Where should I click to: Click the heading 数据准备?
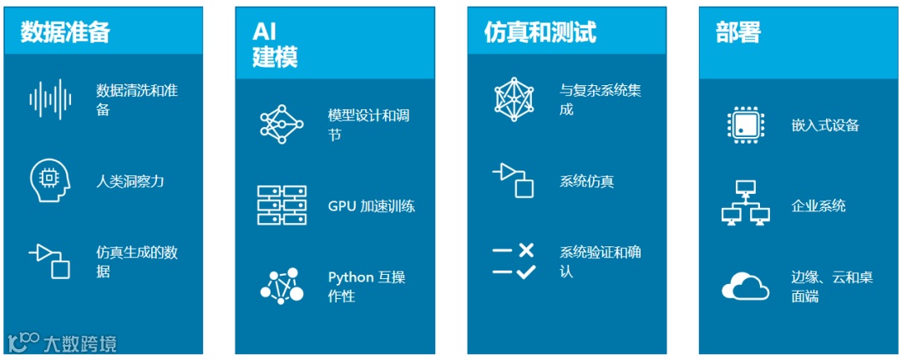coord(65,33)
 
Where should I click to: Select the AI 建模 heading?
coord(275,44)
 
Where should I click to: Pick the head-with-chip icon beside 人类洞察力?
coord(49,181)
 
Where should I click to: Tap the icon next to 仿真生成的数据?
coord(49,261)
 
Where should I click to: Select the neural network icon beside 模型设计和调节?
coord(281,124)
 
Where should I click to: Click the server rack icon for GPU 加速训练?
coord(281,205)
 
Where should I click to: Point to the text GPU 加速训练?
coord(371,206)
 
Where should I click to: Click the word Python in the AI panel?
coord(351,277)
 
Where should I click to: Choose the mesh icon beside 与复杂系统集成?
coord(513,99)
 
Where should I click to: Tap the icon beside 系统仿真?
coord(513,180)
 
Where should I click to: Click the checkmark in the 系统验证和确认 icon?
coord(525,271)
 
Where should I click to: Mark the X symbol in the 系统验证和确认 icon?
coord(525,250)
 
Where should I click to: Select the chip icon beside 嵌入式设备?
coord(745,125)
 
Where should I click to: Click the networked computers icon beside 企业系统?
coord(745,205)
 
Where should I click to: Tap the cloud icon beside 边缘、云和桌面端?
coord(745,286)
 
